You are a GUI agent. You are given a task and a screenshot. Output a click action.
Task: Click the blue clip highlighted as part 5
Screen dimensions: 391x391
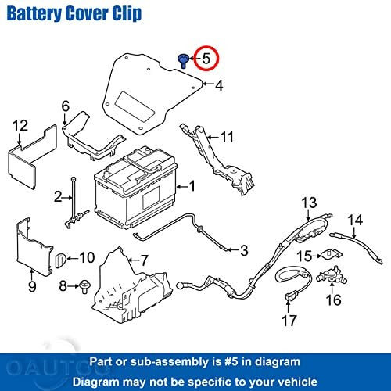[x=184, y=61]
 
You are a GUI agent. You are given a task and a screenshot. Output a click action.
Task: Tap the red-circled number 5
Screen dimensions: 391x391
[x=206, y=59]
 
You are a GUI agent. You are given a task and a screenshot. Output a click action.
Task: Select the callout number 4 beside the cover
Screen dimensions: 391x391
[x=219, y=85]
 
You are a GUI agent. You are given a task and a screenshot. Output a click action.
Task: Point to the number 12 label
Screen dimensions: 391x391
[x=20, y=126]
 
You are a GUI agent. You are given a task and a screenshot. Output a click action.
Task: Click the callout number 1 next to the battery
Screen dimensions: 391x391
[x=192, y=186]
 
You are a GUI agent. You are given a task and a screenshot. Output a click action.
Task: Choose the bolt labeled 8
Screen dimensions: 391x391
[x=84, y=286]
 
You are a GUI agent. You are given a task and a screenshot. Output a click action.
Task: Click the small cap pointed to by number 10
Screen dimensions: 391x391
[x=60, y=260]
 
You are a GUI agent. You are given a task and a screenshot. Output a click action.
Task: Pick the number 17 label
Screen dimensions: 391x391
[x=289, y=321]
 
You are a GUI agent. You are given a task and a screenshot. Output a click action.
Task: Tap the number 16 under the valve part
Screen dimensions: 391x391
[x=333, y=300]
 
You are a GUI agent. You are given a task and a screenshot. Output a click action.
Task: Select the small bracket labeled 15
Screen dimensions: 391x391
[x=332, y=254]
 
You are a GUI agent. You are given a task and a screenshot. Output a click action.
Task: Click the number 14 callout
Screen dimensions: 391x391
[x=355, y=220]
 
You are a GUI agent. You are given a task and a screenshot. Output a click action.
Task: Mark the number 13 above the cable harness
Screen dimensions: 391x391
[x=309, y=203]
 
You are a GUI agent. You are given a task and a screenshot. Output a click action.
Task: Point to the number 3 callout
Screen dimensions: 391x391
[x=244, y=250]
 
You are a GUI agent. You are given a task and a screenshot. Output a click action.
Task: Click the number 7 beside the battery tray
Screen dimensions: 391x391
[x=144, y=260]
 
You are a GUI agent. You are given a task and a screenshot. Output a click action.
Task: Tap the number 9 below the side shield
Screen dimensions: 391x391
[x=32, y=286]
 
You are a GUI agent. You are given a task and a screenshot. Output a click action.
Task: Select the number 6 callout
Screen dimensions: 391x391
[x=66, y=106]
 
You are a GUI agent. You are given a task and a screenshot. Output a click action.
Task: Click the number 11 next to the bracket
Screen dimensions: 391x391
[x=227, y=137]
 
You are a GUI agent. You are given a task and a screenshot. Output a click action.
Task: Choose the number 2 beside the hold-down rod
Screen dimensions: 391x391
[x=58, y=196]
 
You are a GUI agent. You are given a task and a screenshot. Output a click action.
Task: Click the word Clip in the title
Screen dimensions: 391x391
[x=127, y=13]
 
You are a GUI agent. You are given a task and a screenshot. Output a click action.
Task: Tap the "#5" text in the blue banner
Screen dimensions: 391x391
[x=231, y=361]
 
